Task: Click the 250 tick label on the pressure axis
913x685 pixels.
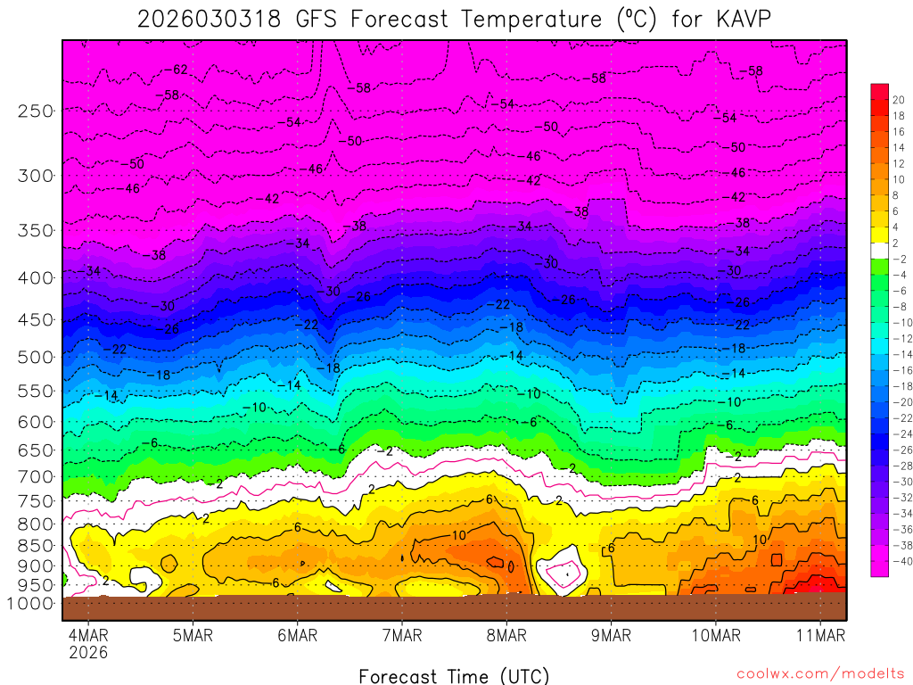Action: [x=35, y=111]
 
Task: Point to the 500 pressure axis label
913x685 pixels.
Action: [x=35, y=357]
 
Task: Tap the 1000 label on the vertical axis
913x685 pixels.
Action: [x=30, y=604]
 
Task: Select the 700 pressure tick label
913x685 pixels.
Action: [x=35, y=475]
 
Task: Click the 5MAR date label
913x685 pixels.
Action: [x=193, y=636]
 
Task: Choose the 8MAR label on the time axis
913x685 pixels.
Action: [x=506, y=636]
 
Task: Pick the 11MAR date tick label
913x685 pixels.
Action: [x=820, y=636]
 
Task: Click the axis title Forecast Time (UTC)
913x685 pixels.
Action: [x=454, y=675]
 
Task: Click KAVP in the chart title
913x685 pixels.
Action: [x=742, y=19]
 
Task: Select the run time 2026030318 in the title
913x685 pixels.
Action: [x=210, y=19]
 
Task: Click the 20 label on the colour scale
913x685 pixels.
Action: [x=898, y=99]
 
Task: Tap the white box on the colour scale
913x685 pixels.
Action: [x=880, y=250]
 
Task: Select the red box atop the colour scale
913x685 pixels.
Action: [x=880, y=91]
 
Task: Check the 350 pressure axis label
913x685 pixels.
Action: [x=35, y=230]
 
